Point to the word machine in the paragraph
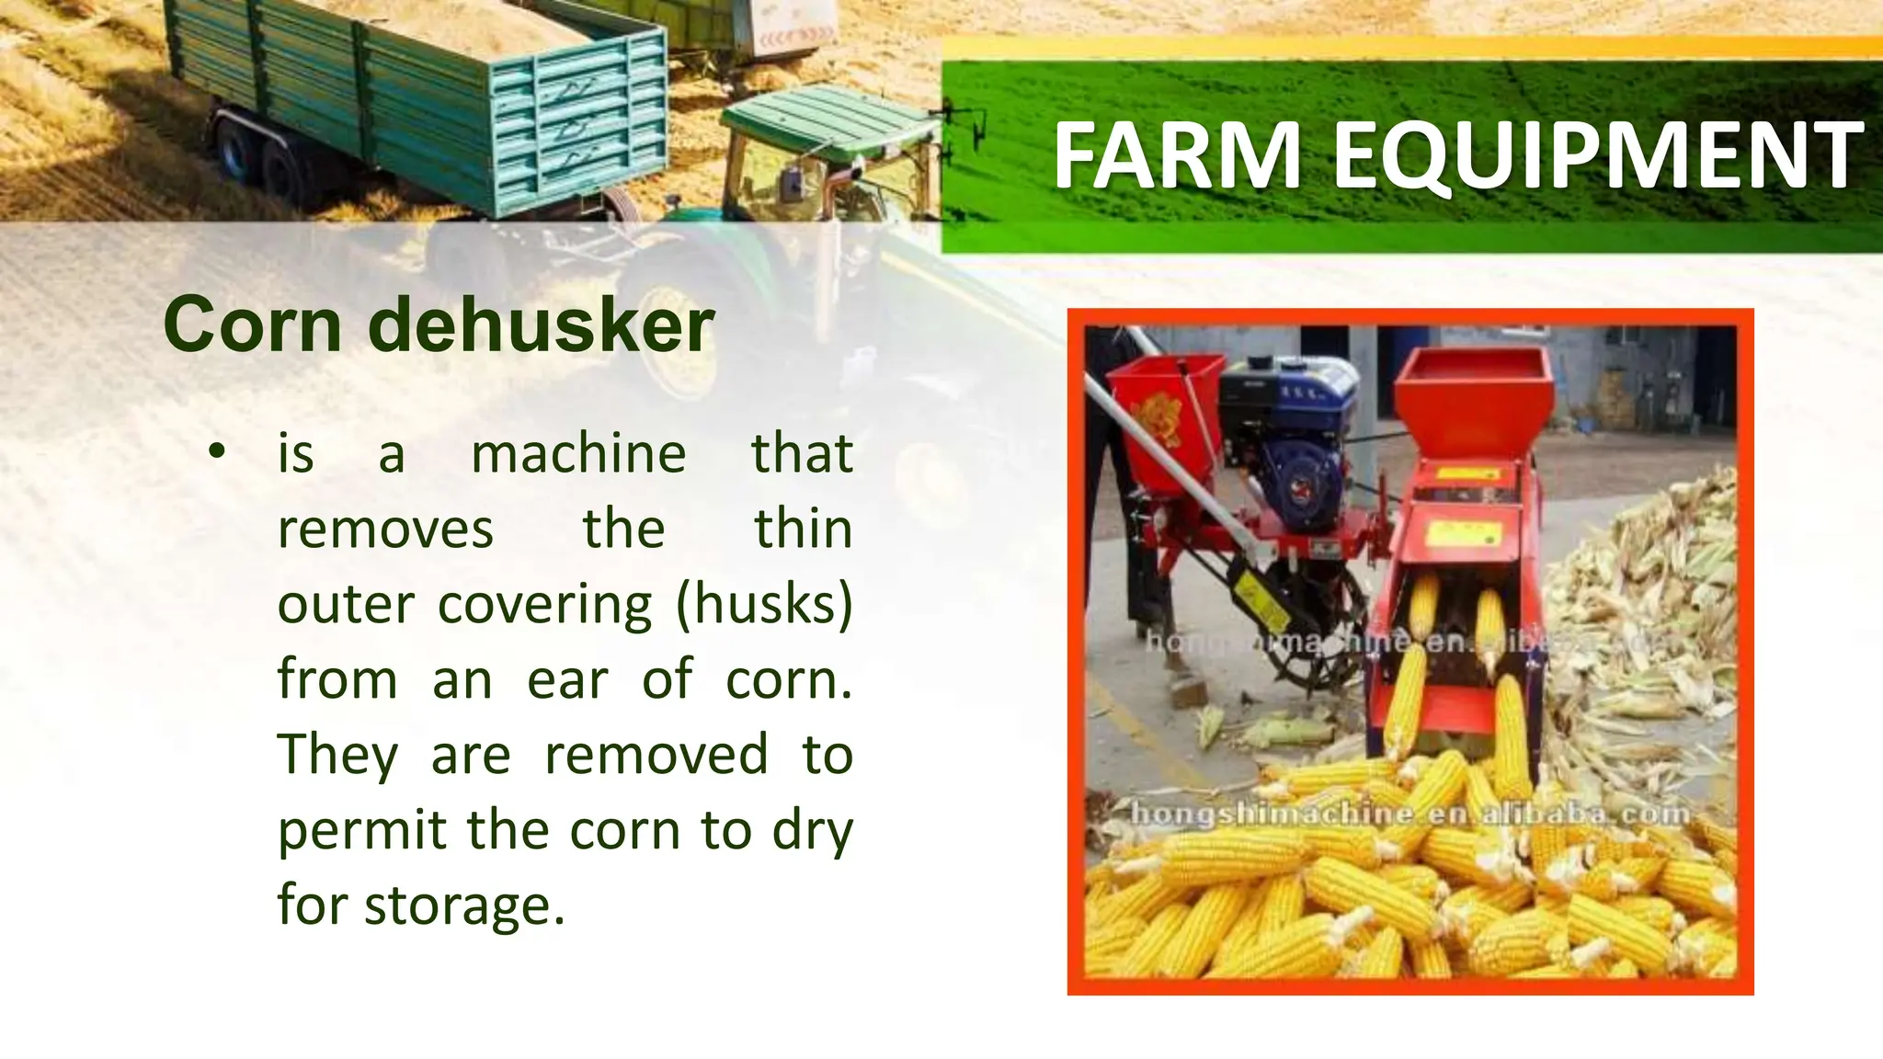[578, 454]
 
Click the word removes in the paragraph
[385, 529]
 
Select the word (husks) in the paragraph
[764, 605]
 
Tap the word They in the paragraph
[337, 756]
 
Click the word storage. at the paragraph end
[464, 906]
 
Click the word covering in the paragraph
[544, 607]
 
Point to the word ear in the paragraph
[566, 680]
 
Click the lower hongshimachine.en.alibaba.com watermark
[1409, 814]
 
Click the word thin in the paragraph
[803, 529]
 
